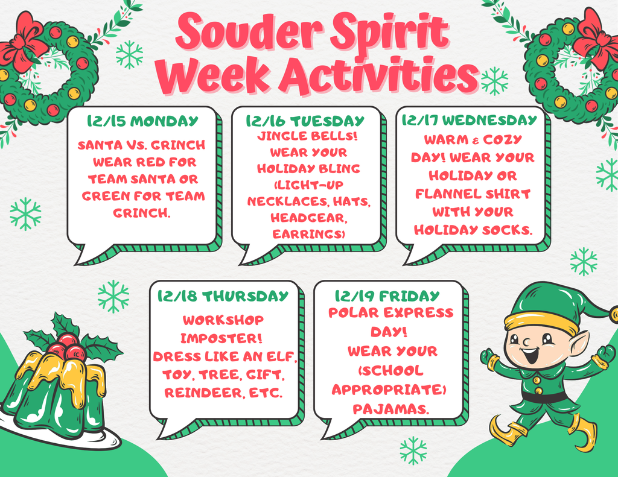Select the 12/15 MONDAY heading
click(x=142, y=121)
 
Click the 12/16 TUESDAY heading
click(x=305, y=121)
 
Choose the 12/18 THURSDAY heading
click(x=223, y=296)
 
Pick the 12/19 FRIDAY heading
click(x=387, y=295)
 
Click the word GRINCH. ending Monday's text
click(x=142, y=213)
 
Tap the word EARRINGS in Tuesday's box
click(x=307, y=235)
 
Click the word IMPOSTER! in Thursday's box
click(x=221, y=338)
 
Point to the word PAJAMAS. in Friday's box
click(x=391, y=409)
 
